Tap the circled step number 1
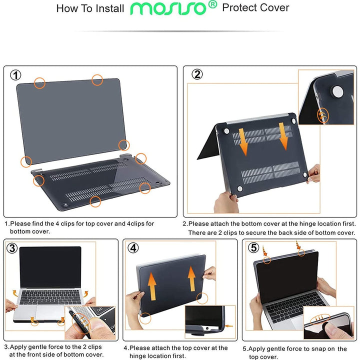(x=16, y=75)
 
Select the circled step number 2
(x=197, y=74)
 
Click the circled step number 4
(x=133, y=247)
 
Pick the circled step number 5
(x=253, y=247)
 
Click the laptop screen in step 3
(x=50, y=267)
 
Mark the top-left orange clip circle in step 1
(x=39, y=83)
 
